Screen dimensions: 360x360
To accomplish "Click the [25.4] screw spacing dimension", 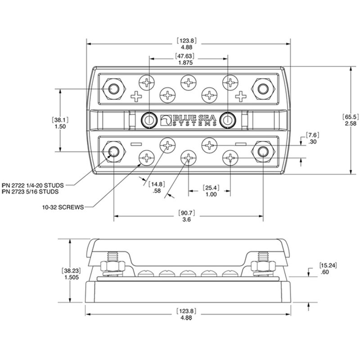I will [x=211, y=187].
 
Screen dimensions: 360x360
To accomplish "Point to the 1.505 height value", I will [x=68, y=278].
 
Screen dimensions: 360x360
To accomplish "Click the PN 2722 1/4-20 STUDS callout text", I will [x=39, y=185].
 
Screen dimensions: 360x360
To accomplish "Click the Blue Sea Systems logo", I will [x=188, y=119].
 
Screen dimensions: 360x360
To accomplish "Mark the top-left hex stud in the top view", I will [x=112, y=88].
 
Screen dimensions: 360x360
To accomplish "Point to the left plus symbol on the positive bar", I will [x=135, y=96].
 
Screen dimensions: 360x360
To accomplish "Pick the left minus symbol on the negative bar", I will [x=135, y=144].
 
